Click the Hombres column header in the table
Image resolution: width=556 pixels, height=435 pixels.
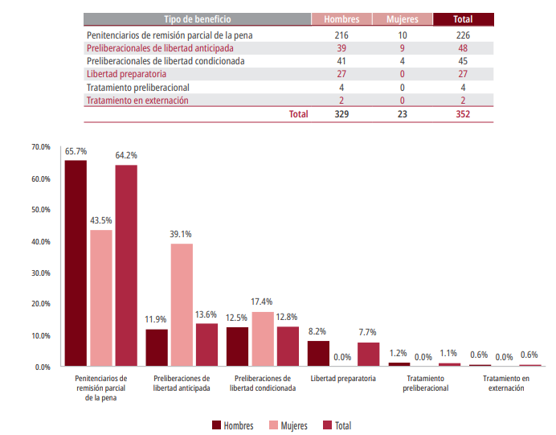(x=341, y=18)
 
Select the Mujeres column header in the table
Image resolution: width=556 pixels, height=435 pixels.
(x=401, y=18)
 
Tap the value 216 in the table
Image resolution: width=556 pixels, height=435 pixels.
(x=341, y=35)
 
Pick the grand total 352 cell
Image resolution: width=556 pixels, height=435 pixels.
(x=462, y=114)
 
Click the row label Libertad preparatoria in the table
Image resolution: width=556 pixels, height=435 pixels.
(x=126, y=74)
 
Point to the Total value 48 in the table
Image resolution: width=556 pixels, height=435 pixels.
(x=462, y=48)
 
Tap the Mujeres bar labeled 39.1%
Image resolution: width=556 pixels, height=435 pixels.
(x=182, y=305)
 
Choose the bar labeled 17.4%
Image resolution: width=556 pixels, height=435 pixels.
(x=263, y=339)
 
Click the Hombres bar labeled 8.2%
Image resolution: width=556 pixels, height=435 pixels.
(x=318, y=353)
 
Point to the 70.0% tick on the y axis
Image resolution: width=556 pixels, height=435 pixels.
(x=41, y=147)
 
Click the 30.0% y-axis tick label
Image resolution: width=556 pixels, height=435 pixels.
(x=41, y=273)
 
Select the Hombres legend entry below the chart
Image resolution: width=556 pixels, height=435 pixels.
(x=232, y=425)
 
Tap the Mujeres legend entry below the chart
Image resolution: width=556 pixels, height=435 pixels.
(x=288, y=425)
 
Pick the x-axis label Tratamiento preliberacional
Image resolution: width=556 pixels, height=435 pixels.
(x=425, y=383)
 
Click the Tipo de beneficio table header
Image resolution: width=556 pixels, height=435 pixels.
(x=196, y=18)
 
